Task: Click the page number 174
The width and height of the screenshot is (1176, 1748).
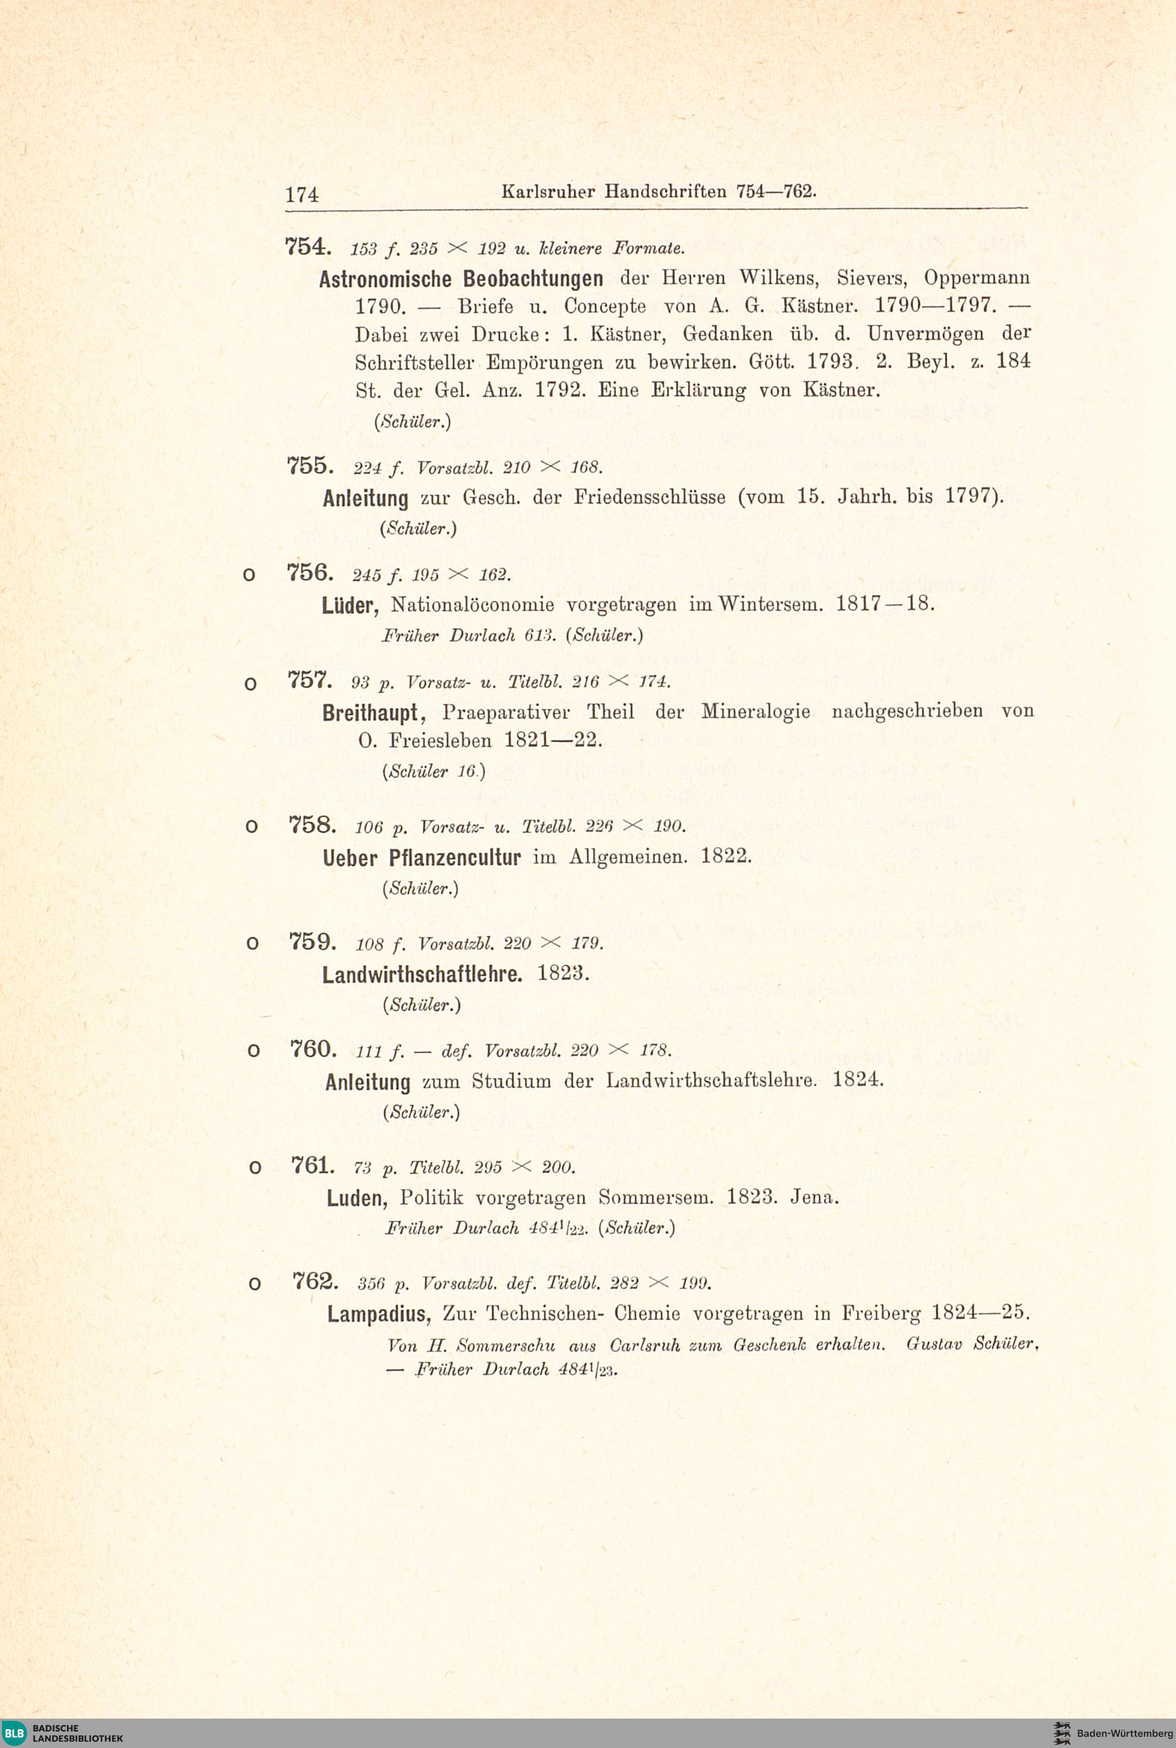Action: tap(302, 194)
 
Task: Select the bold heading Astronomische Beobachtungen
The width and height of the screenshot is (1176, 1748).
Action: tap(460, 279)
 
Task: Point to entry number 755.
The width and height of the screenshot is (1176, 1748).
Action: tap(308, 466)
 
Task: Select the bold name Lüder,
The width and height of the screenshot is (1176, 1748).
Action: tap(352, 605)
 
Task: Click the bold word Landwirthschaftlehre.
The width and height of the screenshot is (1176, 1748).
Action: tap(422, 975)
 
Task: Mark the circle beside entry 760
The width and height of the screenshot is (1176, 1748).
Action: tap(253, 1052)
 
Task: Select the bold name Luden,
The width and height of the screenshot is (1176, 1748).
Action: tap(356, 1198)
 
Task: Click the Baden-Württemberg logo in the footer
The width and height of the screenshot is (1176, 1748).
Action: tap(1112, 1733)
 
